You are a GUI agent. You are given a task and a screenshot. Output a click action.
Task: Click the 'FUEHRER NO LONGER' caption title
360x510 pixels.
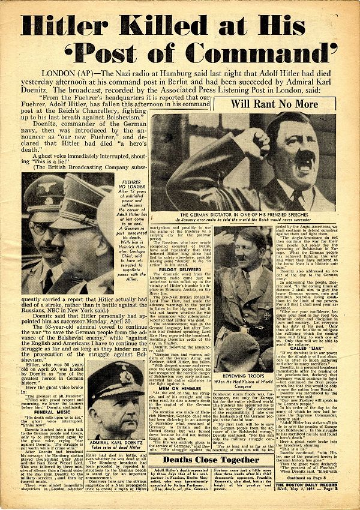(x=131, y=184)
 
